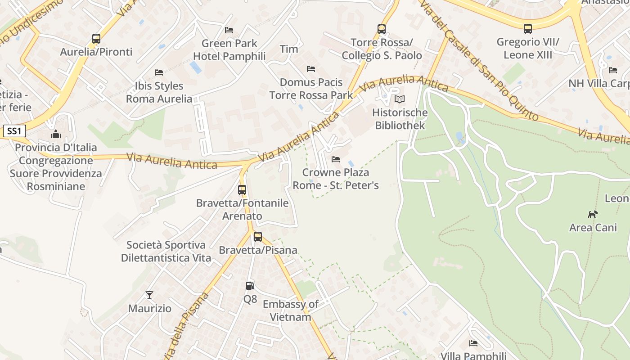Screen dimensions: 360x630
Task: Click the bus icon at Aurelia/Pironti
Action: coord(96,39)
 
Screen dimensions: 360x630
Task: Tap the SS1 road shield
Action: coord(14,131)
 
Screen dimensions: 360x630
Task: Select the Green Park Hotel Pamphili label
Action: coord(229,50)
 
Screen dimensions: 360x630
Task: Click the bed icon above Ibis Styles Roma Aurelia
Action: coord(158,72)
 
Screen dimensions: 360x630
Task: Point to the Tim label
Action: coord(289,49)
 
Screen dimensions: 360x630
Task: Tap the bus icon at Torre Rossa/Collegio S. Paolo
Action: coord(382,29)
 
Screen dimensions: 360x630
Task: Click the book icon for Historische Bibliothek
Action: coord(399,99)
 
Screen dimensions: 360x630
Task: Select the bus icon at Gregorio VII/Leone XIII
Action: coord(528,29)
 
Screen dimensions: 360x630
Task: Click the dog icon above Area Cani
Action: coord(593,214)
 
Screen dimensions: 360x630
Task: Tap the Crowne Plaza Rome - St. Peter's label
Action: coord(336,179)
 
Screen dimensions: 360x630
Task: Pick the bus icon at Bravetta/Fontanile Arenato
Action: coord(242,190)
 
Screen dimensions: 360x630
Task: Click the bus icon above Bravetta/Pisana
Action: coord(258,237)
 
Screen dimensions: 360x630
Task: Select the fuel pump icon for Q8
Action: coord(250,286)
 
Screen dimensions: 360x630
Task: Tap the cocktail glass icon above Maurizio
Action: coord(149,295)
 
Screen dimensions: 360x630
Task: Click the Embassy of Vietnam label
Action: coord(290,310)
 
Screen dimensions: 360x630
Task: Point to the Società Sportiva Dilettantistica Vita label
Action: coord(166,252)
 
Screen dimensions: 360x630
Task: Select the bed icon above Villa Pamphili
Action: coord(473,343)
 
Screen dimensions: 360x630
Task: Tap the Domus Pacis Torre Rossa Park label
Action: coord(311,89)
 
